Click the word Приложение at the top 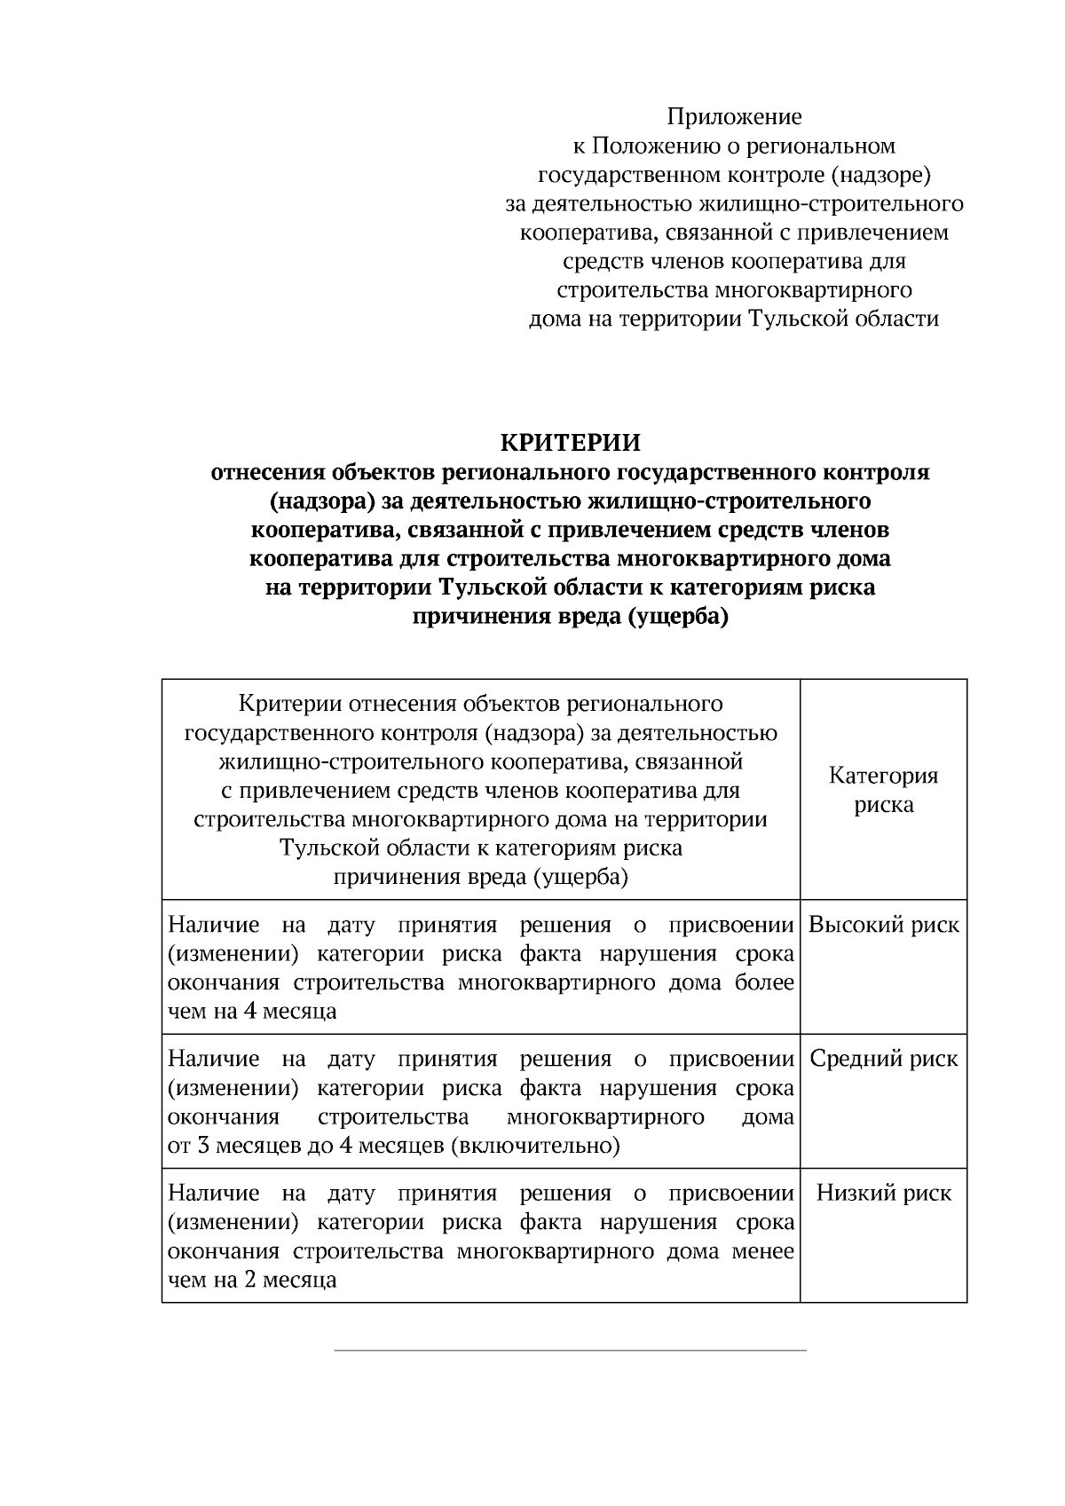tap(734, 117)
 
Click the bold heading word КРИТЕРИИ tap(571, 442)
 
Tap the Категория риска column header tap(883, 790)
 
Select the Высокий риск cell tap(883, 925)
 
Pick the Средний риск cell tap(883, 1059)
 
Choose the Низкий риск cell tap(883, 1193)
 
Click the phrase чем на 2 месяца tap(252, 1280)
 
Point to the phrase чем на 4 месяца tap(252, 1011)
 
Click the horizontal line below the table tap(570, 1351)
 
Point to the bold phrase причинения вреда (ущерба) tap(571, 617)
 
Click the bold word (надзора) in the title tap(322, 501)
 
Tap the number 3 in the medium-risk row tap(203, 1146)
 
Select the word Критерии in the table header tap(289, 705)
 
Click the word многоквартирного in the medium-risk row tap(605, 1116)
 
